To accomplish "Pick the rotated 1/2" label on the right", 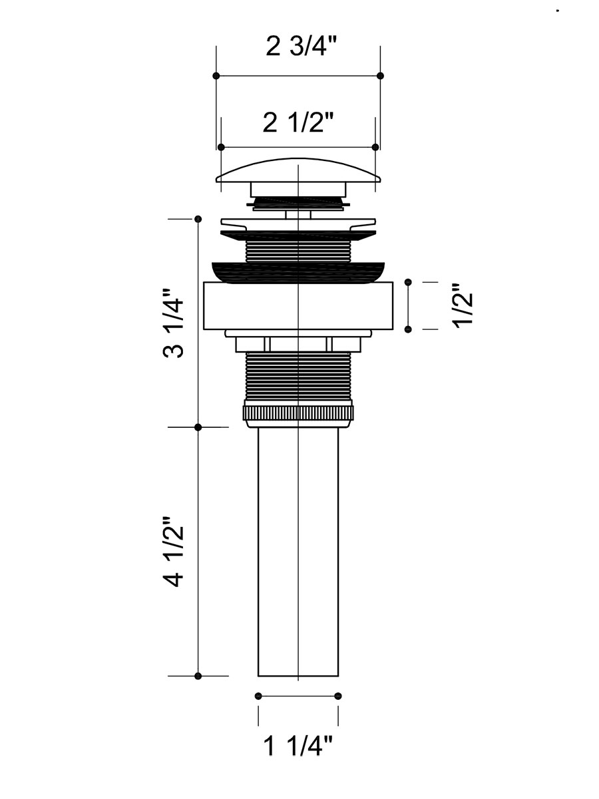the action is click(464, 306).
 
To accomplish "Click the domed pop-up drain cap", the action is click(298, 170).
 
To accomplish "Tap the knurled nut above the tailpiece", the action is click(298, 413).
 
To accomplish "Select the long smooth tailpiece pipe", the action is click(298, 552).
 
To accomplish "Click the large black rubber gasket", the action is click(298, 272).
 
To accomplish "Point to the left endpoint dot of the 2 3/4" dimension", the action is click(216, 76).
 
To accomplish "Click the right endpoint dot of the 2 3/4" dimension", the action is click(381, 76).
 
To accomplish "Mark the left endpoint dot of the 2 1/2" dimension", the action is click(221, 147).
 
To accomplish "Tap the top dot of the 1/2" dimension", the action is click(408, 282).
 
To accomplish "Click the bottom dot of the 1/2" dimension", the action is click(408, 329).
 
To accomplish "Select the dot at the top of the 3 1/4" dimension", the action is click(198, 219).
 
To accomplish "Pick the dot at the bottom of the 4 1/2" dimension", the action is click(198, 677).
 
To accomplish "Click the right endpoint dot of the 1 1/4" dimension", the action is click(338, 696).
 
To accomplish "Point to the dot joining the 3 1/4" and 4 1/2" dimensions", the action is click(198, 427).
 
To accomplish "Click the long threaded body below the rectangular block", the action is click(298, 376).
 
